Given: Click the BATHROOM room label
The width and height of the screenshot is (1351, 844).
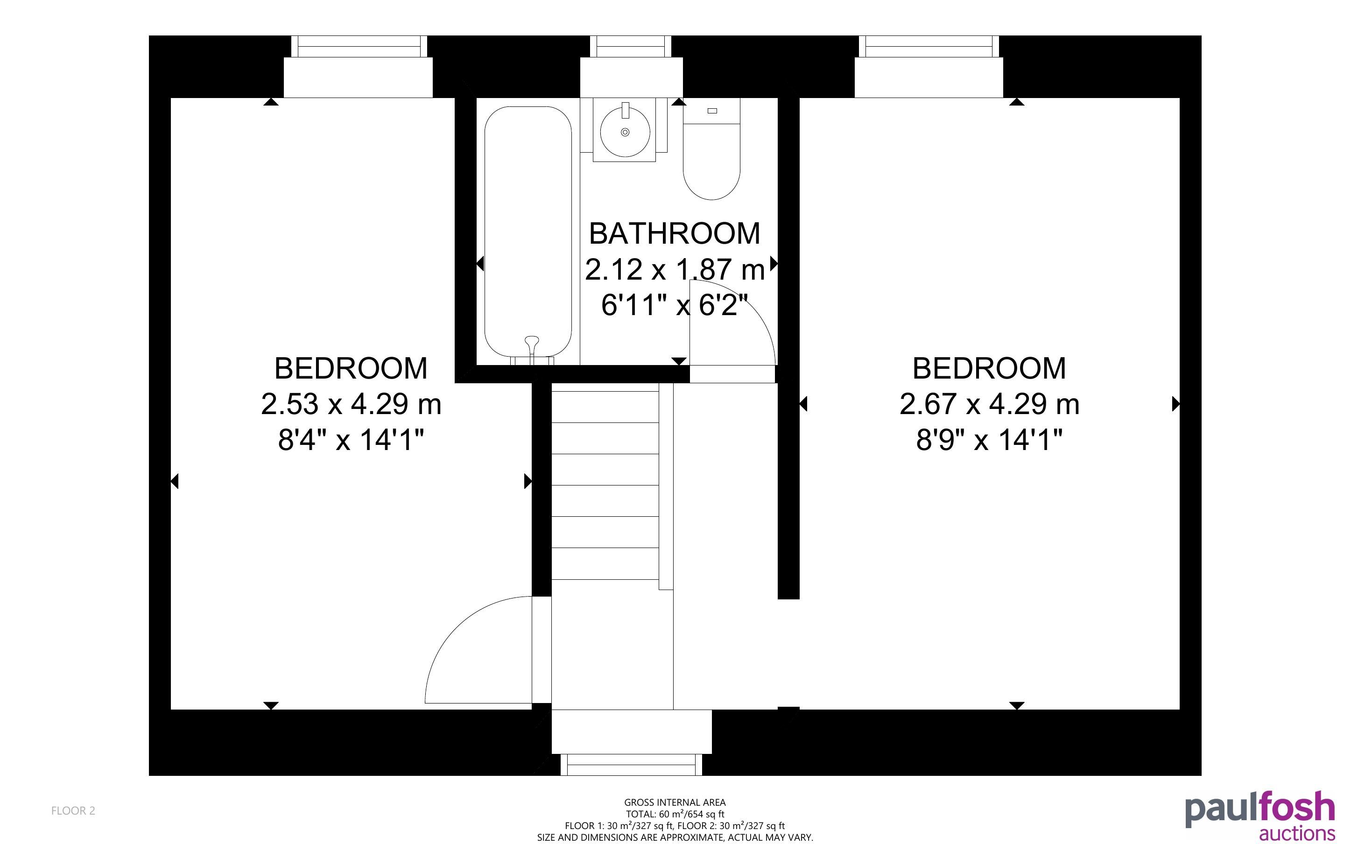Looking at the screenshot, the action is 675,233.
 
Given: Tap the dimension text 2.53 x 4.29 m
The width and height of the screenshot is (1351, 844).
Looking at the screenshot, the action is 351,404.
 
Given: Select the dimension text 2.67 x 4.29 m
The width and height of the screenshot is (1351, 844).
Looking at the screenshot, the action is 989,404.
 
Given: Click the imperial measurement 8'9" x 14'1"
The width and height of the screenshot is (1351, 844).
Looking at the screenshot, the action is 989,440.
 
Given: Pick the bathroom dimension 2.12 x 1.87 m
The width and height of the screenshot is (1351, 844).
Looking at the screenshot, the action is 675,270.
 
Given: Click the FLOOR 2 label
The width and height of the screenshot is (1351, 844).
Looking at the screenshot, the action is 73,810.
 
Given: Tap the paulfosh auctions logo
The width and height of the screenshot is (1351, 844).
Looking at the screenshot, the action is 1260,816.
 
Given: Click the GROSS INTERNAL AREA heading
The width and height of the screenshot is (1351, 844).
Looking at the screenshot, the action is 675,802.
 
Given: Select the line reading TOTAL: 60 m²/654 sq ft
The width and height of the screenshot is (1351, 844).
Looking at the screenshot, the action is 675,814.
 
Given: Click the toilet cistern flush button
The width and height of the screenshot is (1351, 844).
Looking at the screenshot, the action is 712,111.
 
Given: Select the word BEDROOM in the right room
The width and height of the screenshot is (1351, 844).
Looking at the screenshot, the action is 989,368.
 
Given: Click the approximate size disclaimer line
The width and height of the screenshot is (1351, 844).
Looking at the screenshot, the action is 675,837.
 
